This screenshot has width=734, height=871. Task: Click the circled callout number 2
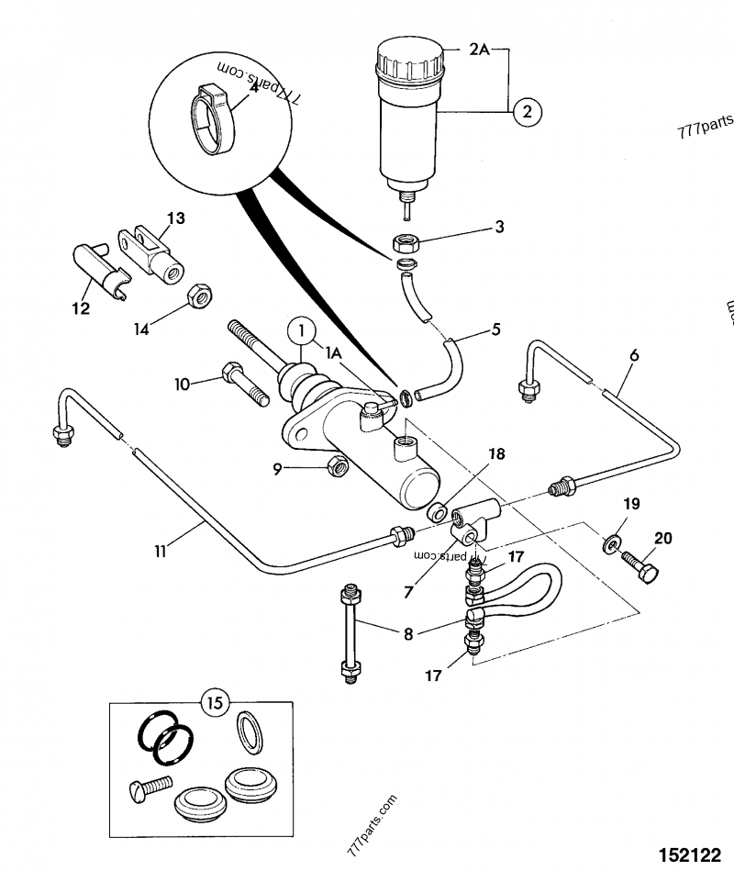pyautogui.click(x=527, y=113)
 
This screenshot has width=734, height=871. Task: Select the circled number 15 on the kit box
pyautogui.click(x=214, y=704)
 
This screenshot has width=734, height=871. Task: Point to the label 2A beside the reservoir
pyautogui.click(x=480, y=52)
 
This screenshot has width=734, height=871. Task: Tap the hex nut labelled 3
pyautogui.click(x=405, y=243)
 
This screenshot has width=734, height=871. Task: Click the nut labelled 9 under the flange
pyautogui.click(x=336, y=468)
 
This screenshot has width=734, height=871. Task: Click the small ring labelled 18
pyautogui.click(x=438, y=510)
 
